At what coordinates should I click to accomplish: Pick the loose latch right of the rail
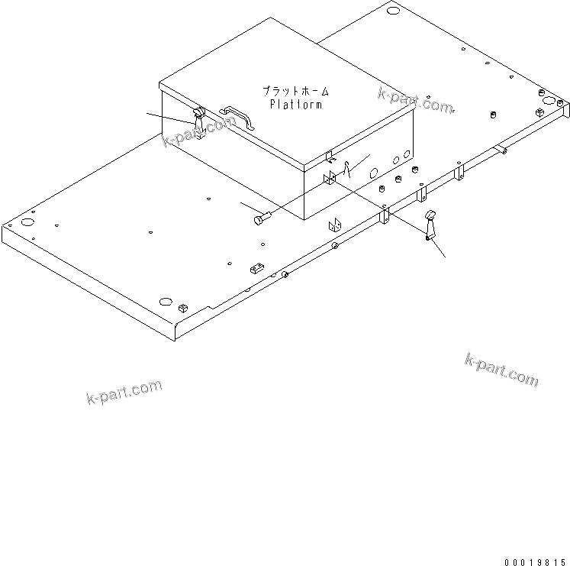tap(430, 227)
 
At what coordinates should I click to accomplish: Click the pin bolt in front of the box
tap(259, 220)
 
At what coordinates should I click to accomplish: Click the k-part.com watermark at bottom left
tap(124, 393)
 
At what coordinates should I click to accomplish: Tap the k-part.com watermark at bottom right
tap(501, 369)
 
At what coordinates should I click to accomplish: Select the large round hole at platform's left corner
tap(27, 223)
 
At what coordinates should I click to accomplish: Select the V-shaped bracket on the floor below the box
tap(334, 225)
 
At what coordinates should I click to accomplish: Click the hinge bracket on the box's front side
tap(330, 182)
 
